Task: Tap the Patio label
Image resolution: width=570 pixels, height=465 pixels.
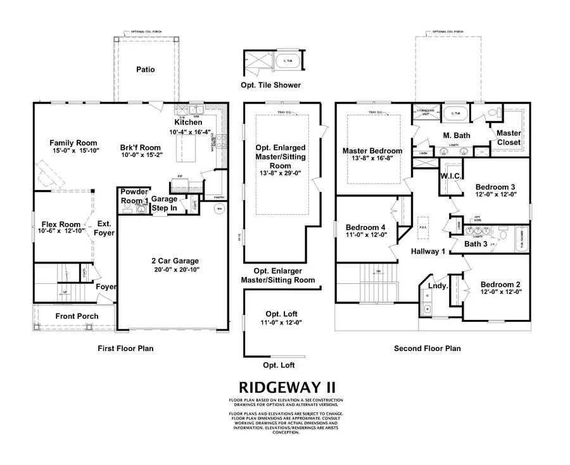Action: click(145, 70)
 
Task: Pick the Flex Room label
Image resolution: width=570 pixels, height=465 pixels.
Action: click(61, 224)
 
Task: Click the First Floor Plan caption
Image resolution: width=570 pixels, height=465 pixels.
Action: click(125, 348)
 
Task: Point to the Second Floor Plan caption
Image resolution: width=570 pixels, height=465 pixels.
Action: click(427, 348)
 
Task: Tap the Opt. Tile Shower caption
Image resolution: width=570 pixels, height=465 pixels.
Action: click(270, 85)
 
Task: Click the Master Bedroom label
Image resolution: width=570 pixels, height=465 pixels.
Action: click(372, 151)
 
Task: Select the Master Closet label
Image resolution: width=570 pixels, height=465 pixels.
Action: click(509, 137)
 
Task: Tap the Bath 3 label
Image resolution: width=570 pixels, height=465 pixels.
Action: click(477, 243)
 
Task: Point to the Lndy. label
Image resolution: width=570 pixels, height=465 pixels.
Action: click(438, 286)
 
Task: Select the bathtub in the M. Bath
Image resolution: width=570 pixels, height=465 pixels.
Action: click(454, 114)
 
